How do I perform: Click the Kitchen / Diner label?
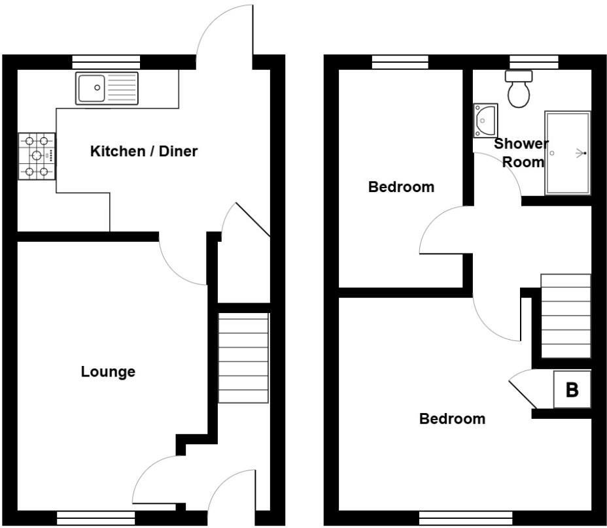[x=143, y=152]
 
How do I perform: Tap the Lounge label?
[x=108, y=372]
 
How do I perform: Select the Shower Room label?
[x=521, y=152]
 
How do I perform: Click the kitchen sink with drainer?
[x=107, y=88]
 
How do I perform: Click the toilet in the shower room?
[x=519, y=90]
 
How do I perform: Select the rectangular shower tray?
[x=567, y=153]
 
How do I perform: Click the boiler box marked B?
[x=572, y=390]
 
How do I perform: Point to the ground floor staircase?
[x=243, y=358]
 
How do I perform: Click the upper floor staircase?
[x=566, y=316]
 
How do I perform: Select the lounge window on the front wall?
[x=95, y=518]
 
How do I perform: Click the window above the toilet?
[x=534, y=61]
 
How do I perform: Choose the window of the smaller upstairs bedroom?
[x=400, y=61]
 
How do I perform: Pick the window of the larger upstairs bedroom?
[x=457, y=518]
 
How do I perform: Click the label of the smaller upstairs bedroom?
[x=401, y=187]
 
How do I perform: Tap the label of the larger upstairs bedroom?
[x=452, y=418]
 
